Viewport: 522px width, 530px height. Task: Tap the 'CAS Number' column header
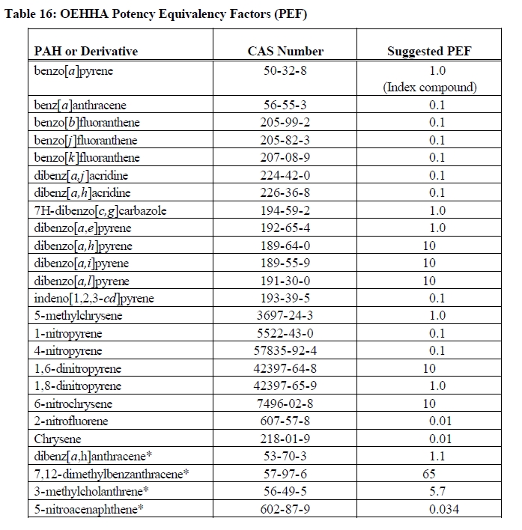(x=285, y=51)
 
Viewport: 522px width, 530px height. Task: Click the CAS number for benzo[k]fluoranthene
(x=285, y=158)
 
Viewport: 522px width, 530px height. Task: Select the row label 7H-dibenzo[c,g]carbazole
(x=100, y=210)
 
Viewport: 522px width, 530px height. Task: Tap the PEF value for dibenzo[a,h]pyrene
(x=428, y=246)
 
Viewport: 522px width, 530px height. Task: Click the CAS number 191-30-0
(x=285, y=281)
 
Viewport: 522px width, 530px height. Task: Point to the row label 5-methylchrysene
(x=78, y=316)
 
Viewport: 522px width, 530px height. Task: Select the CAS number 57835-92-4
(x=285, y=351)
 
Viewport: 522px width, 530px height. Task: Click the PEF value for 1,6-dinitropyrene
(x=428, y=369)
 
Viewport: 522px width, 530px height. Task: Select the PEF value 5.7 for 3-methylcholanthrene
(x=437, y=492)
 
